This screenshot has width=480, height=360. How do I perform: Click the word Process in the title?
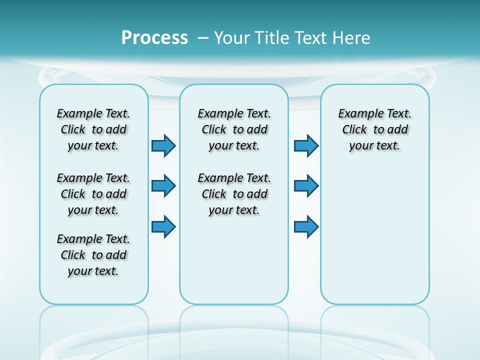tap(154, 37)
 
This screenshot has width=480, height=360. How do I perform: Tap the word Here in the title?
tap(352, 38)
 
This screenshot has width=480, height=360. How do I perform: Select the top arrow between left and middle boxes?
tap(163, 146)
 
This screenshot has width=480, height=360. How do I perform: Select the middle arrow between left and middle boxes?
tap(163, 186)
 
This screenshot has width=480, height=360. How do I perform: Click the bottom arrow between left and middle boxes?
tap(163, 227)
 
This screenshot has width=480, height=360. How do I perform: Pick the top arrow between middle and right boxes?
tap(306, 146)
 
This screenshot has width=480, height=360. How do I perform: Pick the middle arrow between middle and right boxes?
tap(306, 186)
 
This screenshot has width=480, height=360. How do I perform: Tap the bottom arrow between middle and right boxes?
tap(306, 227)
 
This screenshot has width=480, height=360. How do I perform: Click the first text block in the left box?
tap(93, 129)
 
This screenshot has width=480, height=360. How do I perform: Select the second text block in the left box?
tap(93, 194)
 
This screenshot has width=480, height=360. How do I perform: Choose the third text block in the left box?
tap(93, 255)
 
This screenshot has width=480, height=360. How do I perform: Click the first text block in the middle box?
tap(234, 129)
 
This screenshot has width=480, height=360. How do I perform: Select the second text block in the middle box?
tap(234, 194)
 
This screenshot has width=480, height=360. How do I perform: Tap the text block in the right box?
tap(375, 129)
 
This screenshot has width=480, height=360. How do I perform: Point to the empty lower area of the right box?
tap(375, 235)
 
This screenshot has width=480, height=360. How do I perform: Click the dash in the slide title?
tap(203, 38)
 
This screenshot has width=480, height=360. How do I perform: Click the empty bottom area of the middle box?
tap(234, 265)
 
